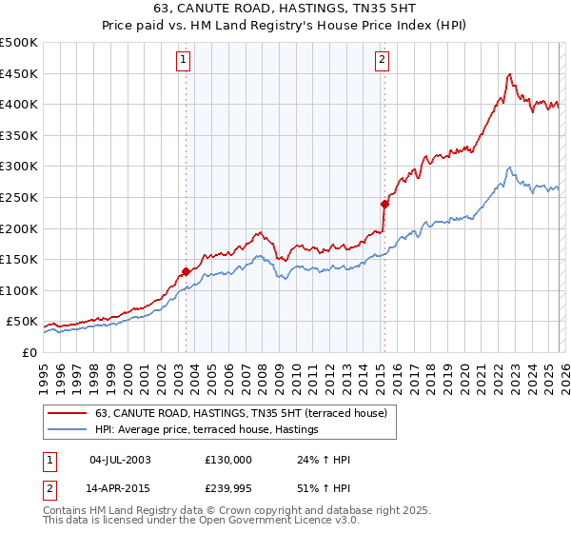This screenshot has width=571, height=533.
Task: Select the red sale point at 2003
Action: coord(186,271)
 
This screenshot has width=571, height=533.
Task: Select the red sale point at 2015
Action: coord(384,204)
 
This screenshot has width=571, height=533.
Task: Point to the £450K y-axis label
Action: coord(19,73)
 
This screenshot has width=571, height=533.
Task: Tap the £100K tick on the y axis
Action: coord(19,290)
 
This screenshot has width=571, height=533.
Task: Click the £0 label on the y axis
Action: coord(29,352)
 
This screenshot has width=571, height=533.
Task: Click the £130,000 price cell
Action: coord(227,460)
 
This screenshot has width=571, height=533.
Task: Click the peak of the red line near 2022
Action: coord(510,74)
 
